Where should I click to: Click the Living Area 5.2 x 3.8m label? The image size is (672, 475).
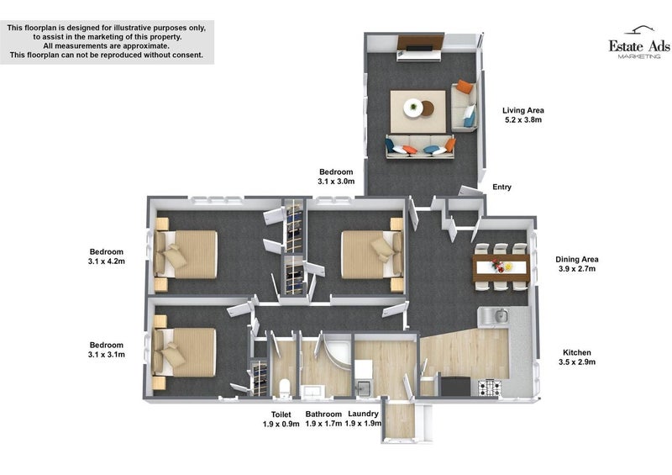click(x=522, y=115)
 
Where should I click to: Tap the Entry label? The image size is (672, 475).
click(x=501, y=187)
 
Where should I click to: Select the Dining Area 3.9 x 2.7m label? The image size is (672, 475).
click(x=577, y=264)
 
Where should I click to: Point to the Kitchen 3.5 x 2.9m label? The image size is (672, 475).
click(x=577, y=357)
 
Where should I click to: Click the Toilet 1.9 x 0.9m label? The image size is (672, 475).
click(x=281, y=420)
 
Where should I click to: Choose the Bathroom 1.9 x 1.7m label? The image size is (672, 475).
click(x=323, y=419)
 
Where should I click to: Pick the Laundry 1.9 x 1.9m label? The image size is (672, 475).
click(x=363, y=419)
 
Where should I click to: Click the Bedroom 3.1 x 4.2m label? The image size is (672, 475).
click(x=107, y=256)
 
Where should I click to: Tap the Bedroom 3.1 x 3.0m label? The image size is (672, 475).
click(x=336, y=177)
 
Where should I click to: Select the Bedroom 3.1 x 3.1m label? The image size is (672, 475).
click(x=107, y=350)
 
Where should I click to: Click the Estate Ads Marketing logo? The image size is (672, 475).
click(x=639, y=43)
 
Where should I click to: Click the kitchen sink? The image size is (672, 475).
click(x=495, y=316)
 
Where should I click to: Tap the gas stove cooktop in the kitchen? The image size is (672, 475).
click(x=489, y=388)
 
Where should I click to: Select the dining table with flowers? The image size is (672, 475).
click(x=501, y=267)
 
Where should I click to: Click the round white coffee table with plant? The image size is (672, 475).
click(x=413, y=108)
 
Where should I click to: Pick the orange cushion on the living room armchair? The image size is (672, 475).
click(x=465, y=87)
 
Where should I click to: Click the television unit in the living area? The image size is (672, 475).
click(x=420, y=48)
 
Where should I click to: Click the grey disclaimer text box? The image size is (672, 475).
click(x=107, y=42)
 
